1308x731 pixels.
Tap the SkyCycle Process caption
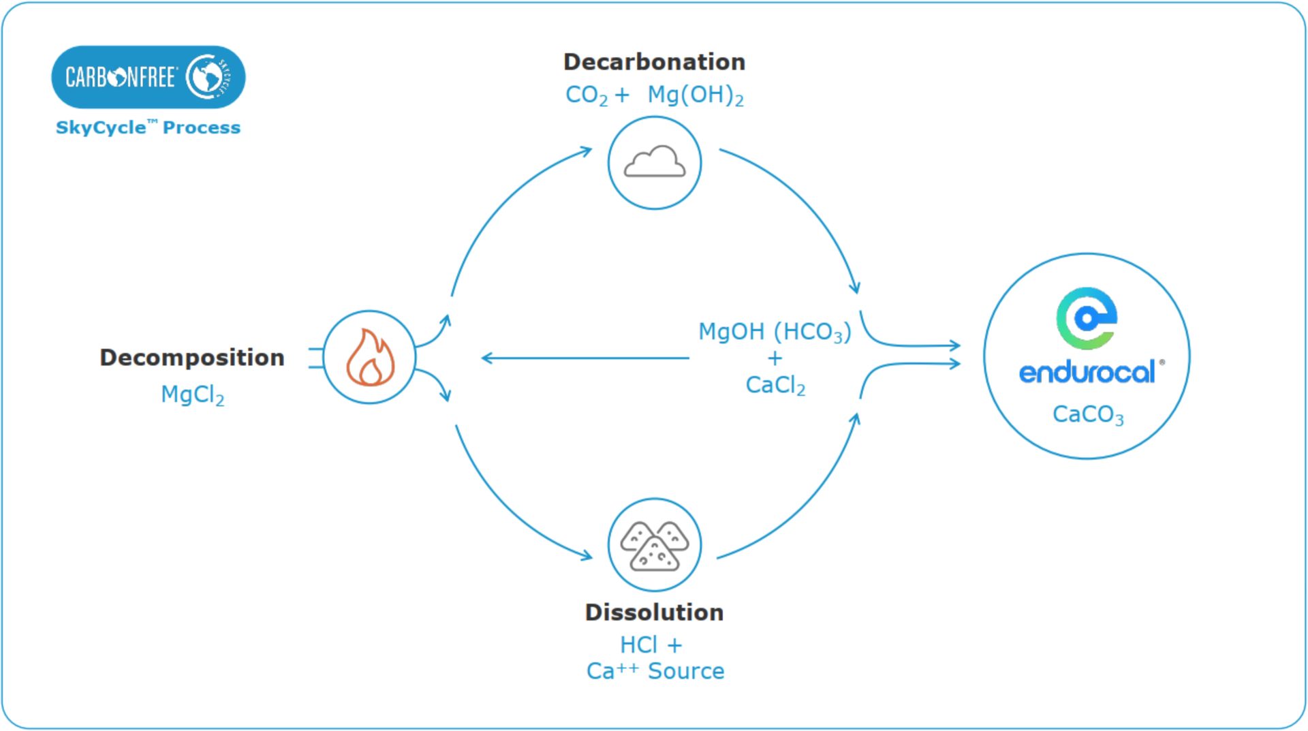tap(148, 127)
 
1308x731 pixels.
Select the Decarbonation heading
tap(654, 62)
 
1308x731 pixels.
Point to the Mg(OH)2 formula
tap(695, 95)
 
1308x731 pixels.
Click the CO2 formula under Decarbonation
tap(586, 95)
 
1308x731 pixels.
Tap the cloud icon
tap(654, 162)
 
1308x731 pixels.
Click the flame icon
tap(369, 357)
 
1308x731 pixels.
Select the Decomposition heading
tap(191, 358)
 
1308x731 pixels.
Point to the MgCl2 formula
tap(192, 395)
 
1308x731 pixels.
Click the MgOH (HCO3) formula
tap(775, 332)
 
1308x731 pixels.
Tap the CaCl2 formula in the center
tap(775, 386)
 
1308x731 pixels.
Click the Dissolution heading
tap(654, 612)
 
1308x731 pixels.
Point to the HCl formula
tap(638, 644)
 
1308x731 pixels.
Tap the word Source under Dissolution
tap(685, 671)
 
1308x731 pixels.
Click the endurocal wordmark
tap(1087, 373)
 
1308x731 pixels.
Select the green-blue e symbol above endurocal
tap(1087, 317)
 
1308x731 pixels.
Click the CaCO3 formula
tap(1087, 414)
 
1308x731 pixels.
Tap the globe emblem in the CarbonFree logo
tap(208, 77)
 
